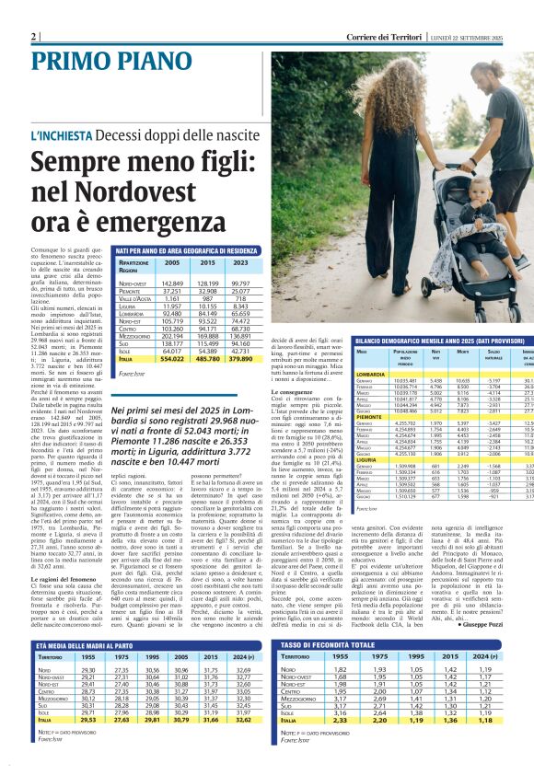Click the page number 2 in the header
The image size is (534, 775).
(35, 36)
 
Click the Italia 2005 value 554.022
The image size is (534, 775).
(172, 358)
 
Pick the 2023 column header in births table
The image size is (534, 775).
(241, 263)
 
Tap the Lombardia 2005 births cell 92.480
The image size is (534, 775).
(172, 315)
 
